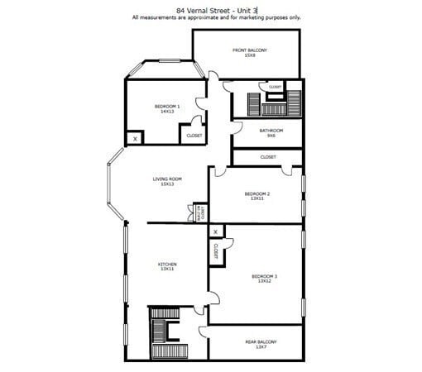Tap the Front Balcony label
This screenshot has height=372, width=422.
[x=249, y=53]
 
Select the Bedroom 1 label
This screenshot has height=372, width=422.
[x=166, y=108]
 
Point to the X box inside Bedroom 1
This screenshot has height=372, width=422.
[x=135, y=140]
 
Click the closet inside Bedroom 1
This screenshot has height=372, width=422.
[x=194, y=136]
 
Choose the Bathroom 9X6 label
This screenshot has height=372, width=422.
[x=271, y=132]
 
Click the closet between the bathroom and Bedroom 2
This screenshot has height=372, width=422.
[x=268, y=156]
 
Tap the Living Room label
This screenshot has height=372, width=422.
[x=166, y=181]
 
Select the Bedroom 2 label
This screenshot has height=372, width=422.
[x=257, y=196]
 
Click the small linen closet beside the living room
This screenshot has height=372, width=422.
[x=199, y=212]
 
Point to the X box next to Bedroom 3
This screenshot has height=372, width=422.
[x=215, y=232]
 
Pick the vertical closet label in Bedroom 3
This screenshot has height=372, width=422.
[x=215, y=251]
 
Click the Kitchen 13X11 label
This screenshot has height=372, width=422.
[x=167, y=266]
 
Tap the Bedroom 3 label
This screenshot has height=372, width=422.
[x=265, y=279]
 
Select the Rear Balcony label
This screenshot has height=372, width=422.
[x=261, y=343]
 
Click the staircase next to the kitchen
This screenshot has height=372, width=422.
[x=158, y=334]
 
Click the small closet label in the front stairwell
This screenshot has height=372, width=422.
[x=275, y=87]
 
